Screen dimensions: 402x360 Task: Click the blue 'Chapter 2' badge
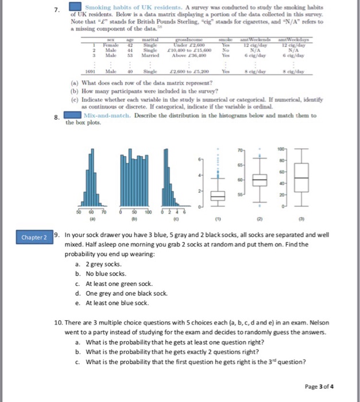(34, 237)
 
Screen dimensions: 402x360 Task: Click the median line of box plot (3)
(300, 177)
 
